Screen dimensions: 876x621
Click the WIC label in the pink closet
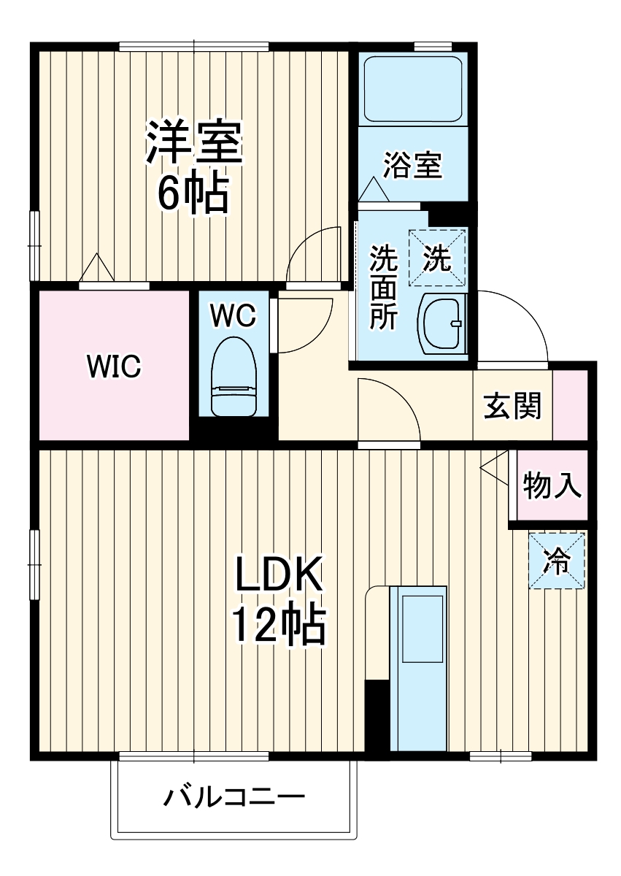pyautogui.click(x=113, y=366)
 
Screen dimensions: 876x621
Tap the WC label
pyautogui.click(x=233, y=315)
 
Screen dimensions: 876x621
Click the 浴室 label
pyautogui.click(x=413, y=166)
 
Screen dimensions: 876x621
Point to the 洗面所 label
pyautogui.click(x=382, y=287)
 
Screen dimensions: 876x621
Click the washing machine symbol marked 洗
pyautogui.click(x=437, y=258)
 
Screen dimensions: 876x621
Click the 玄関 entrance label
pyautogui.click(x=513, y=406)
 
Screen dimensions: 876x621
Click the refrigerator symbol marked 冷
pyautogui.click(x=557, y=561)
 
